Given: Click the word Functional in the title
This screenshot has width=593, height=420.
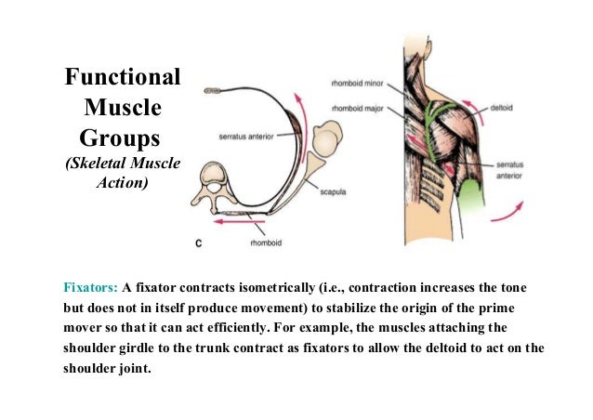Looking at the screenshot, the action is (120, 77).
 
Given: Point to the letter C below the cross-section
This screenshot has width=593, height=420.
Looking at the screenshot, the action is (200, 244).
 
